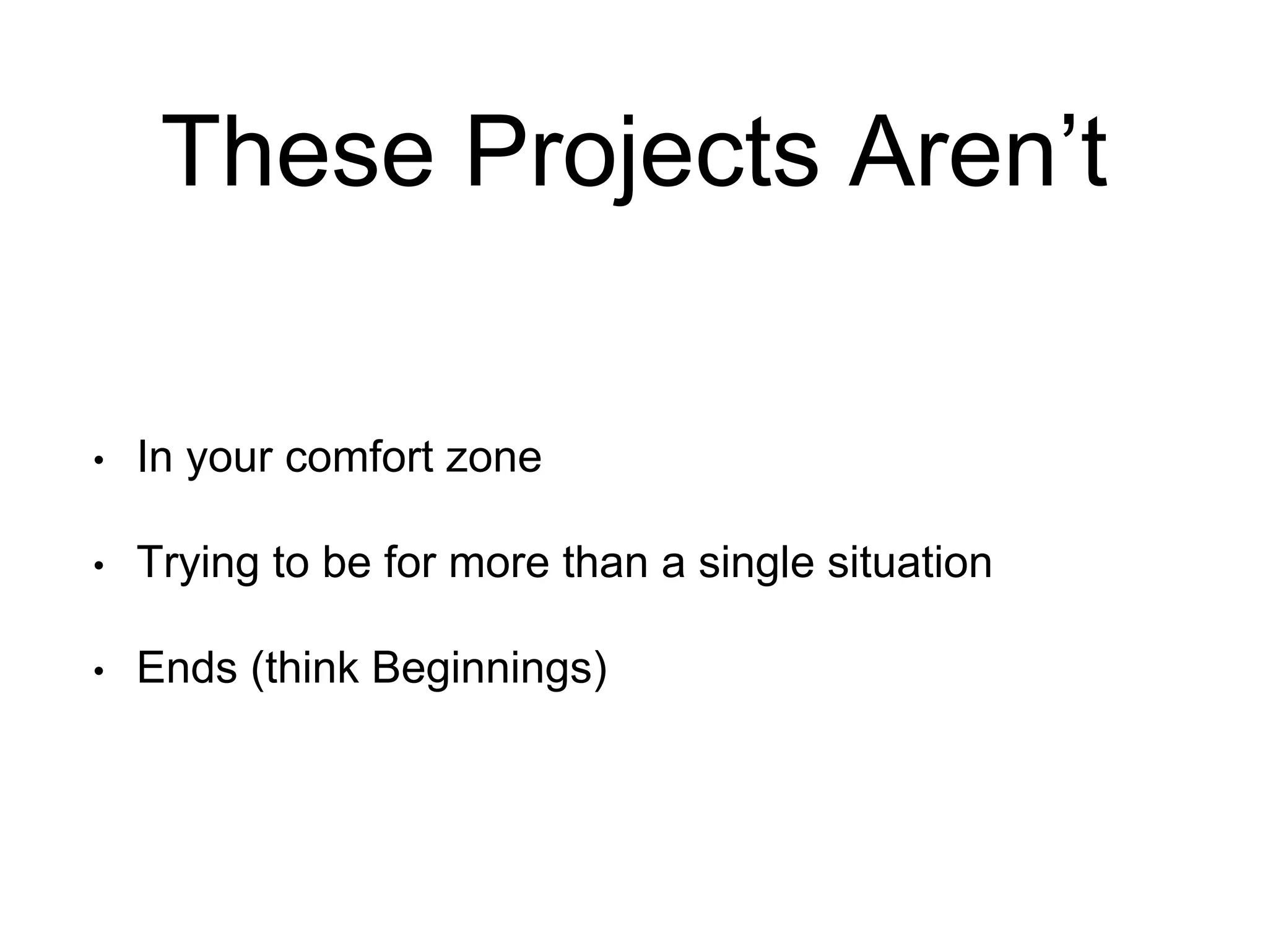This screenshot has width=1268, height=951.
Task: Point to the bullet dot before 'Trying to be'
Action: pos(98,566)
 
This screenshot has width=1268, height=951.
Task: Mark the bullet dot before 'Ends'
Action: pos(98,671)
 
